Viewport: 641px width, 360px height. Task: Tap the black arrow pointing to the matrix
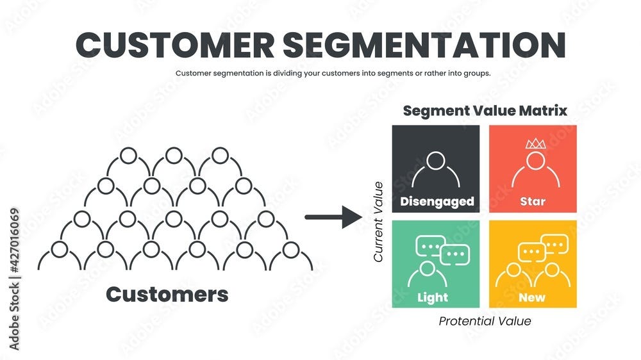click(333, 217)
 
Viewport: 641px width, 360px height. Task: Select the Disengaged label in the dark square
click(437, 201)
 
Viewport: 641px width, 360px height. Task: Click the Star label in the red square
click(533, 201)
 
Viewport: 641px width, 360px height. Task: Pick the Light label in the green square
click(433, 297)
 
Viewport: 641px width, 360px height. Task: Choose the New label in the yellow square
click(532, 297)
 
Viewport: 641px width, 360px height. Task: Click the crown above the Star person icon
click(534, 144)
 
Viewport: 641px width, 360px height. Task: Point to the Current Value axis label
click(378, 222)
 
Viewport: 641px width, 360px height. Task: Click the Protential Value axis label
click(485, 321)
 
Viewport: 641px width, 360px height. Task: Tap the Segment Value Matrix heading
click(485, 110)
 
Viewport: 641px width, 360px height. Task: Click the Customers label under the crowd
click(167, 294)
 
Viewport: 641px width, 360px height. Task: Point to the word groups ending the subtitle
click(476, 73)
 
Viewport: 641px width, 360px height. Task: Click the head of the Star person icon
click(533, 159)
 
